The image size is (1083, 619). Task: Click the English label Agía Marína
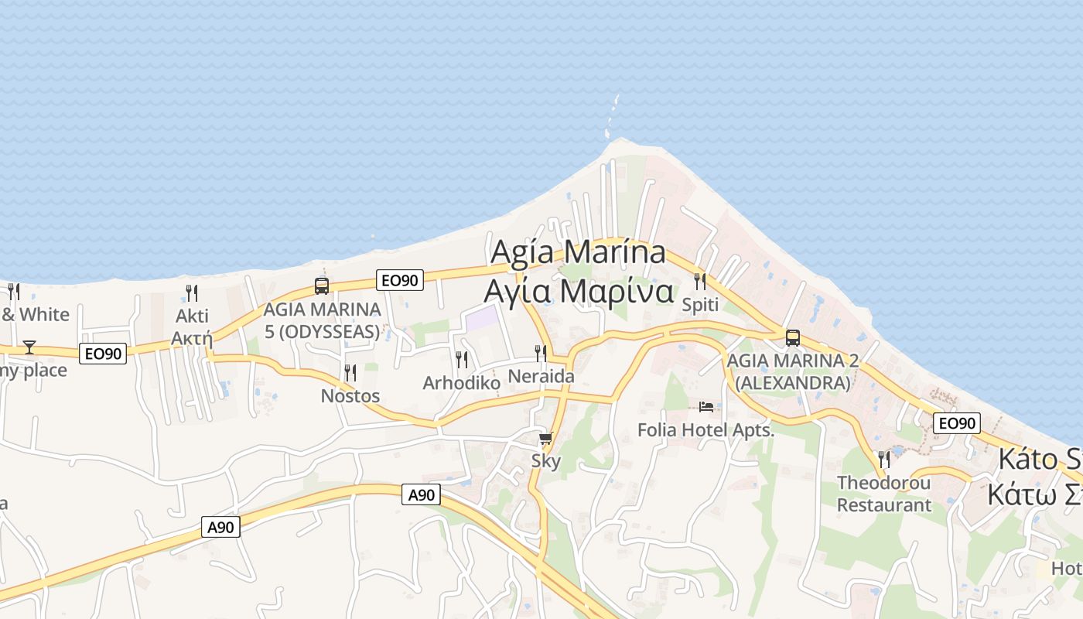578,252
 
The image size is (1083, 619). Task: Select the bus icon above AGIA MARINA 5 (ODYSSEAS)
322,286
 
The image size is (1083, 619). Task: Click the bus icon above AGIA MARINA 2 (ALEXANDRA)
792,337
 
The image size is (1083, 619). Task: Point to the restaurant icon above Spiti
700,281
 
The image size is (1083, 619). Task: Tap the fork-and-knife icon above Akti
192,292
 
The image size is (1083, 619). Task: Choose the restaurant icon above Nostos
350,373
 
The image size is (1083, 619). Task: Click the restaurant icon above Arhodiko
462,359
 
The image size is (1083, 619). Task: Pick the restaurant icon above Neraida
541,354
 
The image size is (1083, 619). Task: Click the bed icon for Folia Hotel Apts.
705,407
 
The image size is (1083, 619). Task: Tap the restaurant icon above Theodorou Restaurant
884,460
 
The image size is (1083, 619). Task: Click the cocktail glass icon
29,347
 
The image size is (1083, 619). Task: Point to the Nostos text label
350,396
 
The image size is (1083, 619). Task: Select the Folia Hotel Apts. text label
705,429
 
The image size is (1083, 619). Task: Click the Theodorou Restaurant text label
884,494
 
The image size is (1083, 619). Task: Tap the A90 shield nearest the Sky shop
421,494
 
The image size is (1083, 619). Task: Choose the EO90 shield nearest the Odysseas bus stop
400,280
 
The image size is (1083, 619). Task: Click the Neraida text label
541,377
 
